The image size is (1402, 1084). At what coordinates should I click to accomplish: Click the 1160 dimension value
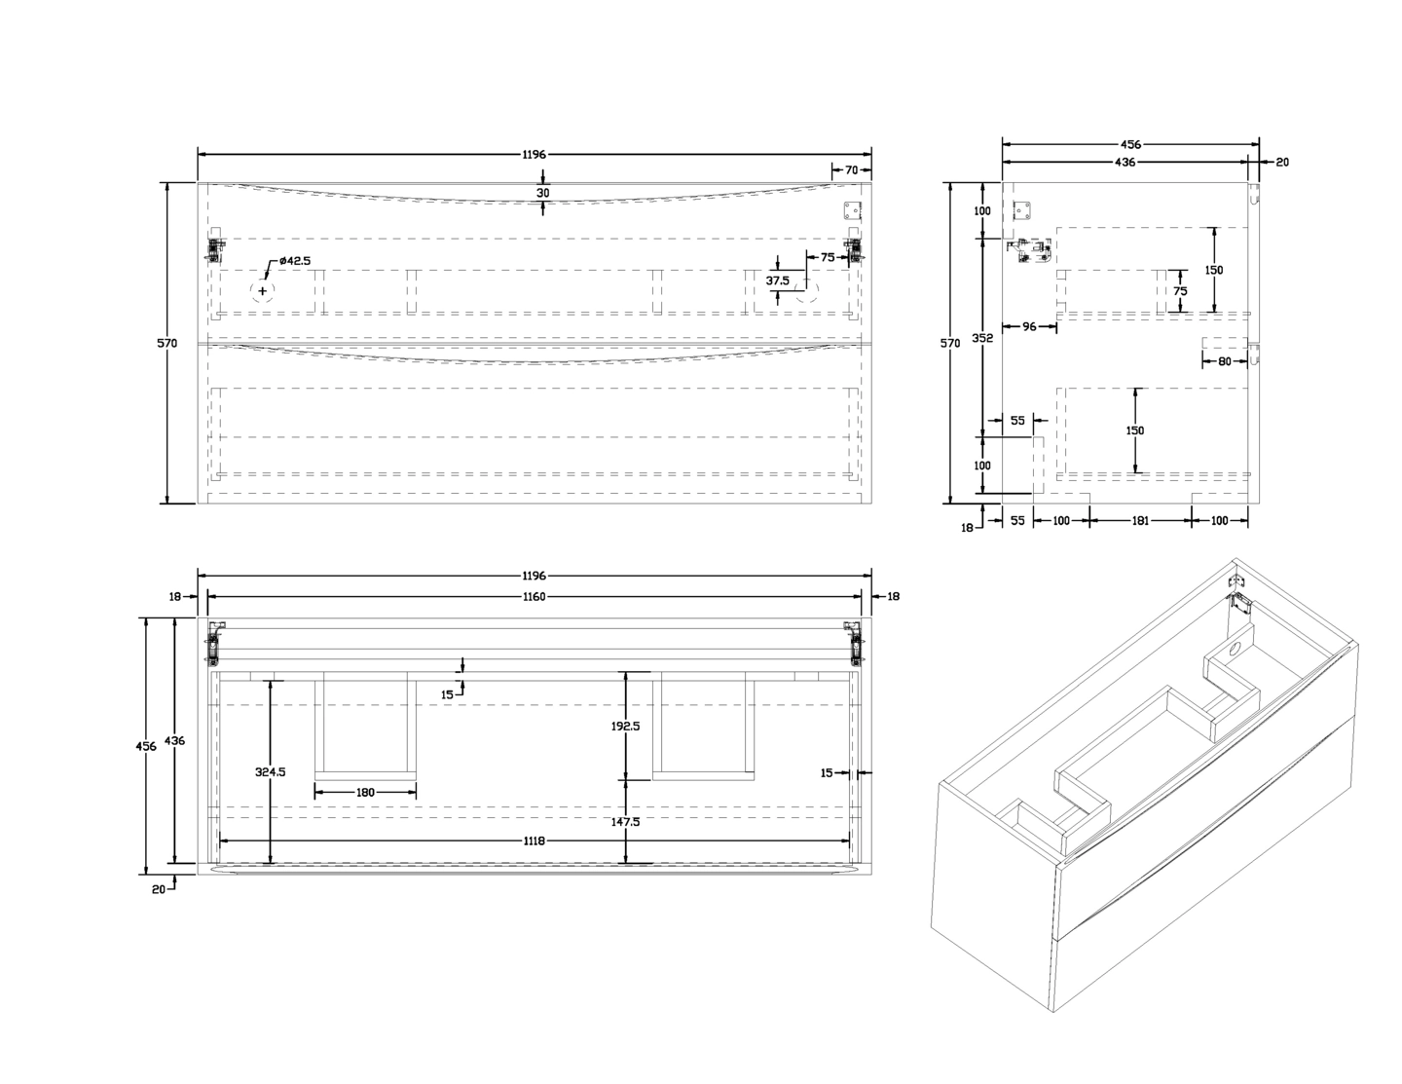click(534, 597)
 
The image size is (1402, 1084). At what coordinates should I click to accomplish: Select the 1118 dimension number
click(534, 841)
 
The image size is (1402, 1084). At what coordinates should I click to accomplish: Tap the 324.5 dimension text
click(270, 772)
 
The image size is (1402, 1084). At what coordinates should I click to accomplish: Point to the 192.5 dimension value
click(624, 725)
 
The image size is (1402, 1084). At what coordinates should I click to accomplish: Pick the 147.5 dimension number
click(624, 822)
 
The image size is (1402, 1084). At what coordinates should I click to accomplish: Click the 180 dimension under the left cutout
click(365, 793)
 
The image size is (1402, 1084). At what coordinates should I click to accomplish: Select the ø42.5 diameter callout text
click(294, 261)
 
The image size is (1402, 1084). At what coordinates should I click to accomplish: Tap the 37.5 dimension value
click(778, 280)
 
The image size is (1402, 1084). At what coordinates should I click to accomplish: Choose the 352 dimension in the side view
click(982, 338)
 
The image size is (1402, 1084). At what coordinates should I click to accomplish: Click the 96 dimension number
click(1029, 327)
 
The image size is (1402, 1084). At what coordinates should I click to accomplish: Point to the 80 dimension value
click(1224, 361)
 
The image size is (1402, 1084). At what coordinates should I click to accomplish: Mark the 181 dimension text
click(1140, 521)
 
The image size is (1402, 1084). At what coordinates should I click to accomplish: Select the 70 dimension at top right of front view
click(851, 170)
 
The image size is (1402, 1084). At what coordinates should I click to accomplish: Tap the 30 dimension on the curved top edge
click(543, 193)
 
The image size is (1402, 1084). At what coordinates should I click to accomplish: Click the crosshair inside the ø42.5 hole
click(263, 291)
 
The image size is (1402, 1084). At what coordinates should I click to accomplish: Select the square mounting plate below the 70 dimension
click(852, 212)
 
